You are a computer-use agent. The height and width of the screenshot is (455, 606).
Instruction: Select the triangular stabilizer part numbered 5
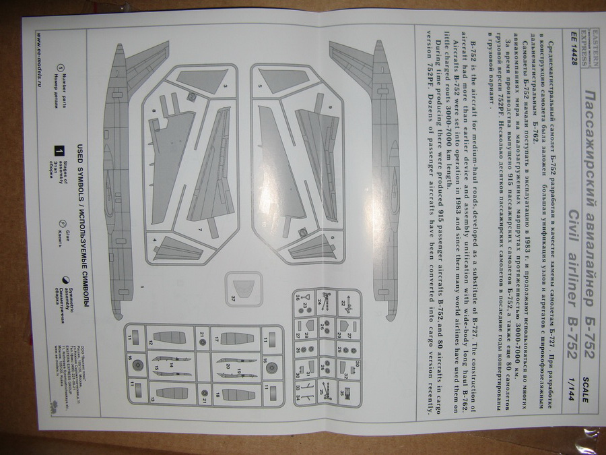(x=283, y=80)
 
